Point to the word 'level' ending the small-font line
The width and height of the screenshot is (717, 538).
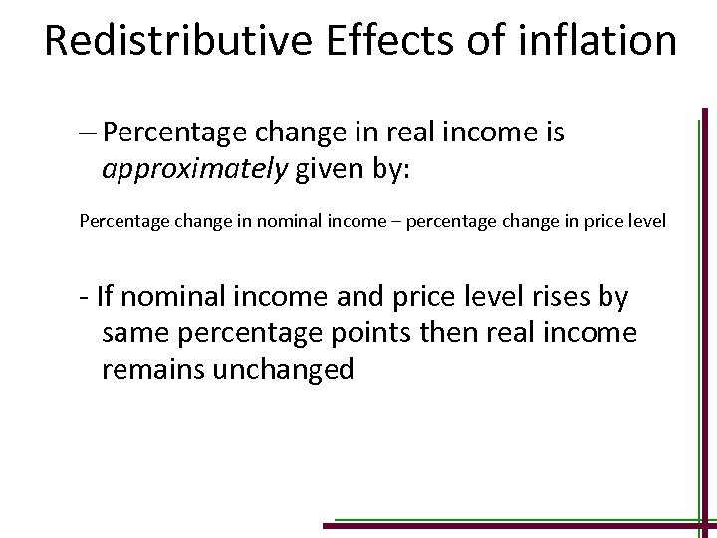[x=648, y=219]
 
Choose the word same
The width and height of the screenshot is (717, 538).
[x=135, y=333]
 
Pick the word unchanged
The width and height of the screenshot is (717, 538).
[x=288, y=370]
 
